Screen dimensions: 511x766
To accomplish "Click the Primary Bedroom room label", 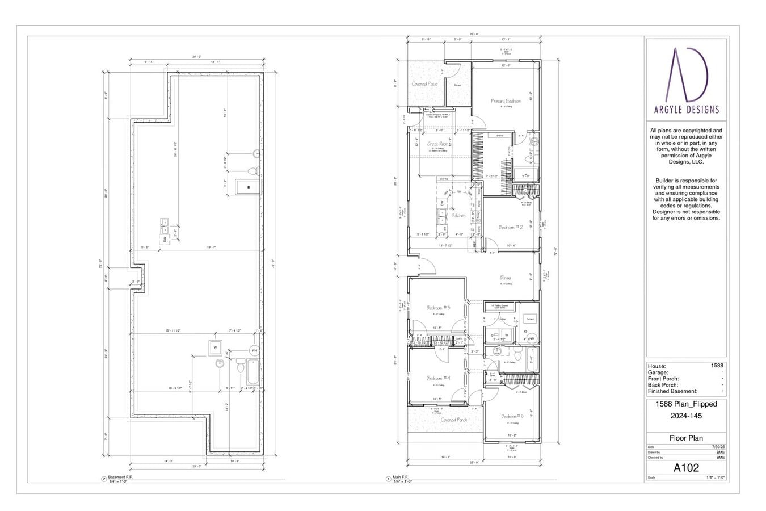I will pos(506,101).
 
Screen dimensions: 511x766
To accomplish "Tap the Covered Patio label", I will pos(424,84).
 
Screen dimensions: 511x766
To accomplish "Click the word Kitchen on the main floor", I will pos(458,215).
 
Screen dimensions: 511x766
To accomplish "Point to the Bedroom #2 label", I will pos(510,227).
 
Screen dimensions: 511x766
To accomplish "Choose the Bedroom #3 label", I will pos(438,308).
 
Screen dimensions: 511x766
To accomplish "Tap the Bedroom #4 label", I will pos(438,378).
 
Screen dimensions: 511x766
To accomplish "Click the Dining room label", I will pos(506,278).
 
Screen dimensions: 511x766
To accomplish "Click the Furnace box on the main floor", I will pos(530,319).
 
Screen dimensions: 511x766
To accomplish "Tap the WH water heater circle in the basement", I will pos(254,350).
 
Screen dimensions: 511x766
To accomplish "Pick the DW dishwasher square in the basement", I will pos(165,240).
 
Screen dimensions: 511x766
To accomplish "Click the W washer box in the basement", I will pos(215,347).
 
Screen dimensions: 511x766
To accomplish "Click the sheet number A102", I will pos(686,468).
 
